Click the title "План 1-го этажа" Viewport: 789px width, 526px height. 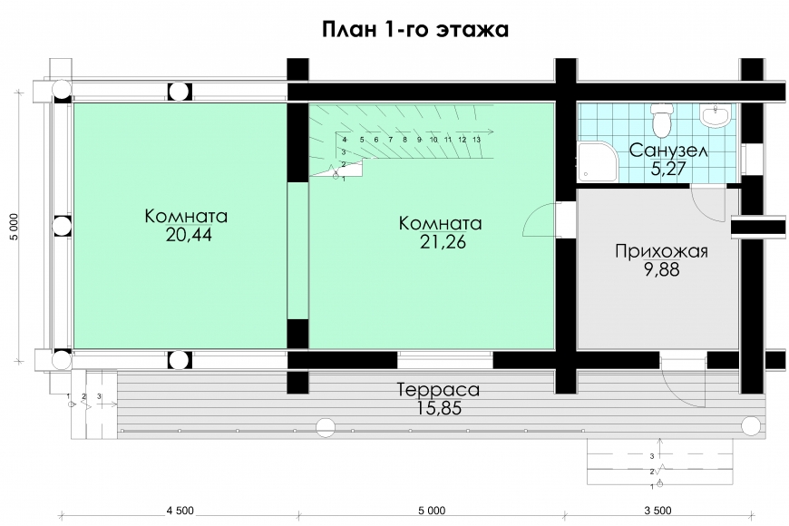pos(415,29)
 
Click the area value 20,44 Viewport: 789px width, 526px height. pos(189,235)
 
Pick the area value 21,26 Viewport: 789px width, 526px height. pos(443,241)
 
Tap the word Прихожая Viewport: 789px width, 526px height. pos(661,251)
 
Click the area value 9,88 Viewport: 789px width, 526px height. pos(661,269)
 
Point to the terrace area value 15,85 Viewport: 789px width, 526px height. pos(439,408)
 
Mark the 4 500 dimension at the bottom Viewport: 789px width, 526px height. pos(180,511)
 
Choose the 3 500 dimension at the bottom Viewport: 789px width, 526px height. pos(657,511)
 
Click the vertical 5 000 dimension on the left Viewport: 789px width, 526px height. pos(15,227)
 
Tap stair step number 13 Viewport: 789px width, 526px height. pos(476,140)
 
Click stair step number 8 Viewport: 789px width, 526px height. pos(405,140)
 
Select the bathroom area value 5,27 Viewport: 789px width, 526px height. pos(668,169)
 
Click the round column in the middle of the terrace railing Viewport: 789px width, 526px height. pos(325,427)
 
